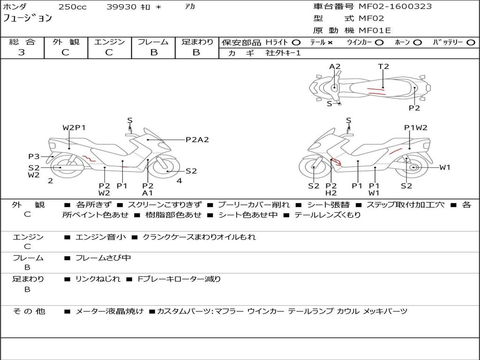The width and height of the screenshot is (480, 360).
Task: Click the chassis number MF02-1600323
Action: point(395,6)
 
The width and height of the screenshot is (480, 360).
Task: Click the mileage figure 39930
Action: point(121,7)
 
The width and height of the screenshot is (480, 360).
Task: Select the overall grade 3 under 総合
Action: point(22,52)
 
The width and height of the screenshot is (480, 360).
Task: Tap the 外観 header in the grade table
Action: point(66,42)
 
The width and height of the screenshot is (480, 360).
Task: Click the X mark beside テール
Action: point(330,43)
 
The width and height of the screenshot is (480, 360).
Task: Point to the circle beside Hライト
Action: point(296,43)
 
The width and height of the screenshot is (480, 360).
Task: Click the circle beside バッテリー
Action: point(471,43)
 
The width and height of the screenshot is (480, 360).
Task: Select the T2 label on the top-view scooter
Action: point(383,67)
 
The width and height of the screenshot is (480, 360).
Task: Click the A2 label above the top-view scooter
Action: point(335,67)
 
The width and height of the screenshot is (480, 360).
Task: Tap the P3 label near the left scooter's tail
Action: point(34,157)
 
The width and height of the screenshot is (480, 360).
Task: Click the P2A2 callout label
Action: point(197,140)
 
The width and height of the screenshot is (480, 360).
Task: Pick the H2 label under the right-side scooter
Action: point(331,193)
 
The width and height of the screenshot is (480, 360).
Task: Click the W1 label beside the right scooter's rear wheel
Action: point(445,167)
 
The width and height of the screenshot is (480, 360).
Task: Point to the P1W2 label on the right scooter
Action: point(415,127)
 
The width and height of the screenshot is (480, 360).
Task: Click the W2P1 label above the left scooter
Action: point(74,127)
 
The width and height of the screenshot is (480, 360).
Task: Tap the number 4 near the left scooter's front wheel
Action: point(180,181)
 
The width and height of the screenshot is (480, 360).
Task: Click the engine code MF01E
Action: point(375,30)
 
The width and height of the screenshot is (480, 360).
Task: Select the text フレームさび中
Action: point(103,258)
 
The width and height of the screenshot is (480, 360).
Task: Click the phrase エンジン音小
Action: point(100,237)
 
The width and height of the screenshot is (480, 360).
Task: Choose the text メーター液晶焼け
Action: point(109,311)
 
